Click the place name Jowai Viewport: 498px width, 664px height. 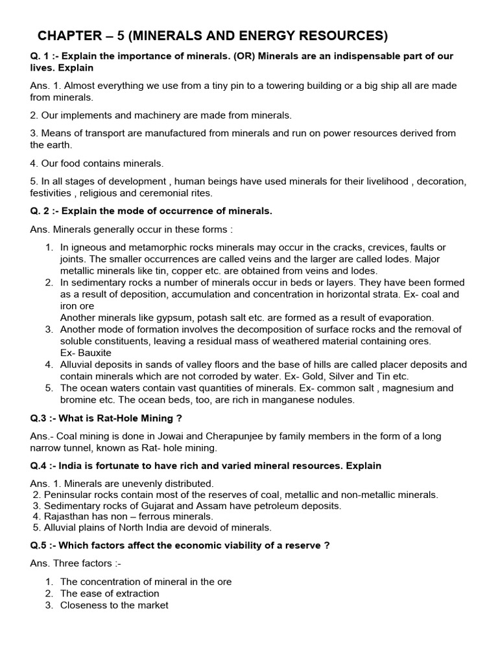[x=158, y=436]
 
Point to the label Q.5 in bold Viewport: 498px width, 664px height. [x=38, y=545]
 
